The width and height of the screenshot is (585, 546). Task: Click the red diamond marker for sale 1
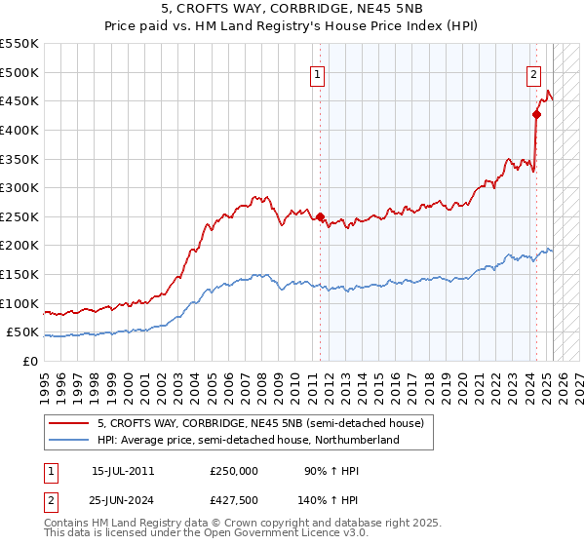[320, 216]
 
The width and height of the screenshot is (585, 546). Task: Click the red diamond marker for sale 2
[536, 114]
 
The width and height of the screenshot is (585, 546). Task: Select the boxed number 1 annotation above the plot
[319, 73]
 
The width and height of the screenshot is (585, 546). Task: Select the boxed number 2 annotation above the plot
[534, 73]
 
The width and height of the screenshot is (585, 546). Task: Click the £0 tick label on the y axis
[29, 361]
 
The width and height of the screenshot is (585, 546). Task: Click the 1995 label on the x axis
[45, 380]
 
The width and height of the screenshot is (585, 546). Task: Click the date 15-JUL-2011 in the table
[122, 471]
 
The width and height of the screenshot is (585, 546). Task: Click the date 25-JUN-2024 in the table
[123, 500]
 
